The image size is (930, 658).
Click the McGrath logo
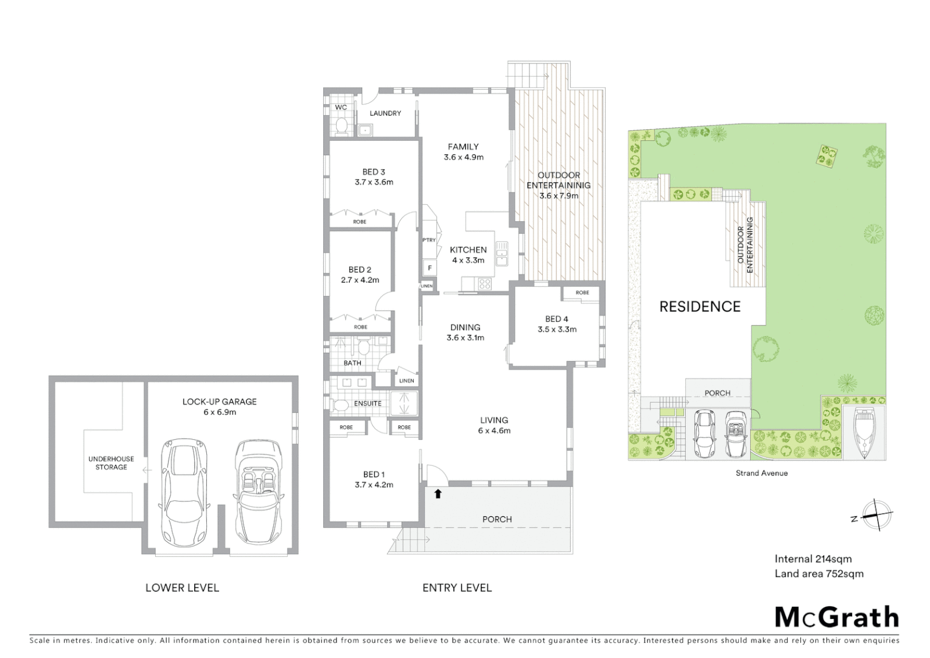836,617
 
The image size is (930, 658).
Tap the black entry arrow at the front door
438,494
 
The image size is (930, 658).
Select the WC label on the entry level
341,108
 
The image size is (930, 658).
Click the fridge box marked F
430,267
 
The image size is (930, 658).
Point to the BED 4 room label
556,319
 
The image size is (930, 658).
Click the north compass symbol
875,515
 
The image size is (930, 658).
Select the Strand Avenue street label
761,473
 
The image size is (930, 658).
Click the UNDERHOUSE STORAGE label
111,463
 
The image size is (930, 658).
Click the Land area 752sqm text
819,573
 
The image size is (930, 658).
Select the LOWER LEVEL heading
182,588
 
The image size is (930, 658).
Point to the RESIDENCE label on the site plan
700,306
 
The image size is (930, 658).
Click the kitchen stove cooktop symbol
485,283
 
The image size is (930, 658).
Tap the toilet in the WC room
341,126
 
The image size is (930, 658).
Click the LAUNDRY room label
385,113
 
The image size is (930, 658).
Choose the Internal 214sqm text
813,559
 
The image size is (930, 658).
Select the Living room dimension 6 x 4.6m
494,431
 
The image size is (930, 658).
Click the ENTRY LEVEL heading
456,588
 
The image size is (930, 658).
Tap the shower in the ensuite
402,403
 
